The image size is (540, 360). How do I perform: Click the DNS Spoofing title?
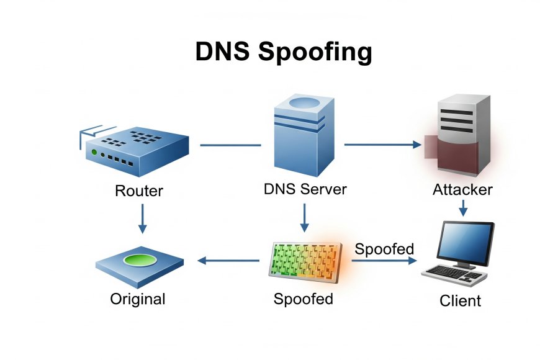pos(284,52)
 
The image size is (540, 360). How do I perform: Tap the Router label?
pos(139,190)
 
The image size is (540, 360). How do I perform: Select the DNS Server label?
pos(305,189)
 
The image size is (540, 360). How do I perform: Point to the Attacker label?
pos(462,189)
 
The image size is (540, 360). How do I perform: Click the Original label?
pos(138,299)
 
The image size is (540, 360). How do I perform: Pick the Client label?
pos(460,301)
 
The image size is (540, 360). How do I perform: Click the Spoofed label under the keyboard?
pos(304,299)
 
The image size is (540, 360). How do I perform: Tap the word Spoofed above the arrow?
pos(384,249)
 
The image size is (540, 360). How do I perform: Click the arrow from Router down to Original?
pos(142,218)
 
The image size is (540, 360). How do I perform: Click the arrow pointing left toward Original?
pos(228,261)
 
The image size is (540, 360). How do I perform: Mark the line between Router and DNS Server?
pos(230,146)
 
